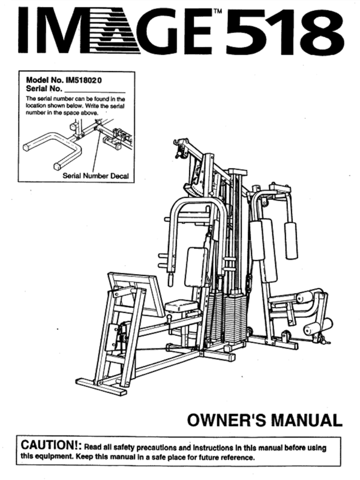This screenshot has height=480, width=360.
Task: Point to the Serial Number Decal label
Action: pos(97,176)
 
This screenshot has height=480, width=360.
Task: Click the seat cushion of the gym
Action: pos(181,307)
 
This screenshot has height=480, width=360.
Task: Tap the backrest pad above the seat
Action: pos(196,267)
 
